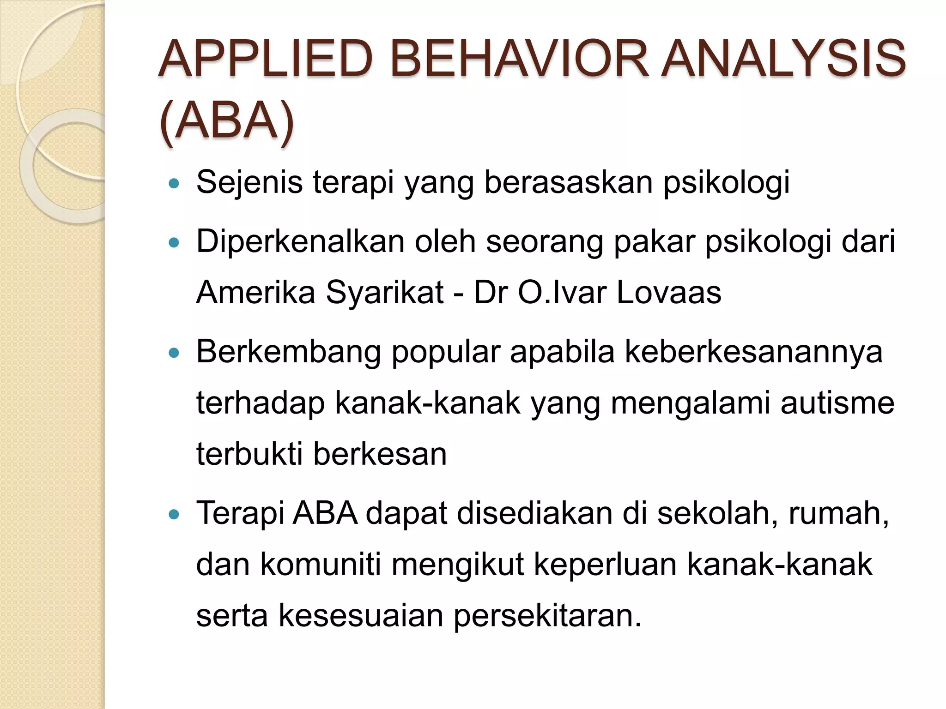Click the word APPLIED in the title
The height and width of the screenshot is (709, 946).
[x=266, y=59]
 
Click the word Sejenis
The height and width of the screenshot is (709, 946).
[x=249, y=182]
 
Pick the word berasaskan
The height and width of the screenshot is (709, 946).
[x=568, y=182]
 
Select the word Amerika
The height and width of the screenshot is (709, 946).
[x=255, y=293]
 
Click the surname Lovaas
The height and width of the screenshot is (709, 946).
[x=668, y=293]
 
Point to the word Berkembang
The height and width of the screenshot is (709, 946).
[x=289, y=352]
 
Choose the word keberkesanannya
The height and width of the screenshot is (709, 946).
[x=753, y=352]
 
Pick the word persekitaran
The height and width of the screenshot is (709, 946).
[x=548, y=616]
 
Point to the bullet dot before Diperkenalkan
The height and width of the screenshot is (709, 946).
[x=174, y=243]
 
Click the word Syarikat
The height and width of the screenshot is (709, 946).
[x=384, y=293]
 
